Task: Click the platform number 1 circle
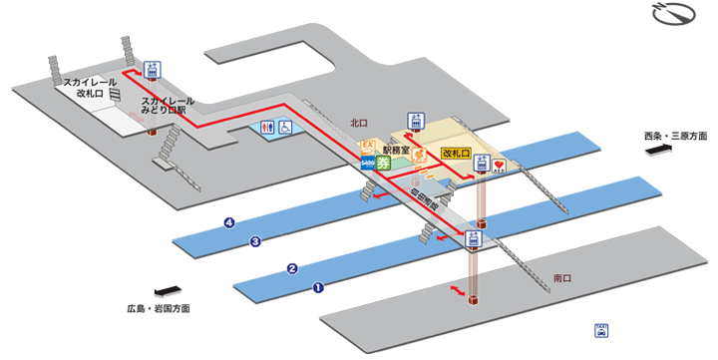[319, 289]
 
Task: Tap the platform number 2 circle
[292, 268]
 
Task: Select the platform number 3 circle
[255, 241]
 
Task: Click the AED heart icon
[500, 167]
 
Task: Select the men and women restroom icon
[266, 128]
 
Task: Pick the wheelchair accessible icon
[284, 128]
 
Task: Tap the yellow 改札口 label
[456, 155]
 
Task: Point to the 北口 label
[359, 124]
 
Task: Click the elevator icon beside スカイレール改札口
[152, 70]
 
